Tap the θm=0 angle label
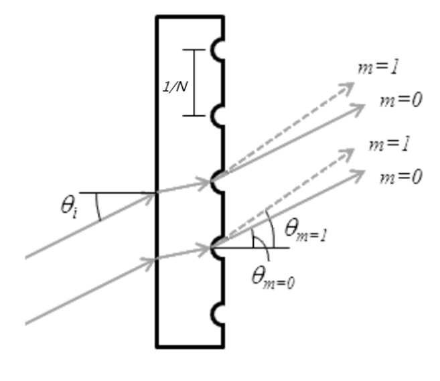(273, 276)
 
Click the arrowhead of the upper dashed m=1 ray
(348, 86)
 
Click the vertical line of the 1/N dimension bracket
(194, 82)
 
